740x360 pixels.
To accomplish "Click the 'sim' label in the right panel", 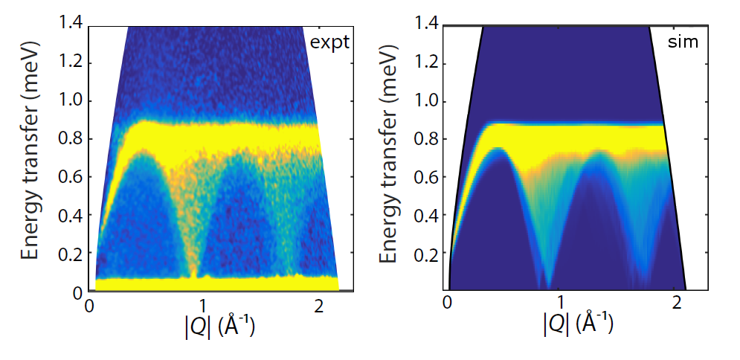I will tap(683, 42).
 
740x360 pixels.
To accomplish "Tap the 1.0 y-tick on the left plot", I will tap(73, 101).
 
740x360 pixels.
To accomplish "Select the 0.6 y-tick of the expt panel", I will tap(73, 178).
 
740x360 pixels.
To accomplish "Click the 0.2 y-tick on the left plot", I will tap(73, 254).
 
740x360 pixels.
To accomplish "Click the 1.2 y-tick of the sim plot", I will tap(430, 63).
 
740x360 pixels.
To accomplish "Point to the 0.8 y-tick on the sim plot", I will tap(430, 139).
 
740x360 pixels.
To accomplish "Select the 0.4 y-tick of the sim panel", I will tap(430, 216).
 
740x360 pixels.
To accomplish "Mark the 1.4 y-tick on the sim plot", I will tap(430, 25).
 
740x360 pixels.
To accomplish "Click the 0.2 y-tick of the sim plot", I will tap(430, 254).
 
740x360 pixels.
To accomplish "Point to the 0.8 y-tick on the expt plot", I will tap(73, 139).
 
